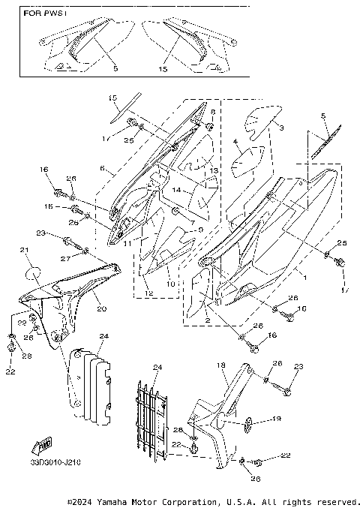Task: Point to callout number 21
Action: point(23,250)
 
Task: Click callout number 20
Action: point(100,308)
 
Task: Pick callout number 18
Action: point(220,365)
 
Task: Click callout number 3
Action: point(282,129)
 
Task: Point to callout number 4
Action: point(235,141)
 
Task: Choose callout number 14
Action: point(177,191)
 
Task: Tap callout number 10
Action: point(171,284)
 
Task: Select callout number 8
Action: point(212,112)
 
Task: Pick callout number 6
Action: point(103,170)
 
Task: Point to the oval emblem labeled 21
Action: point(32,267)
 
